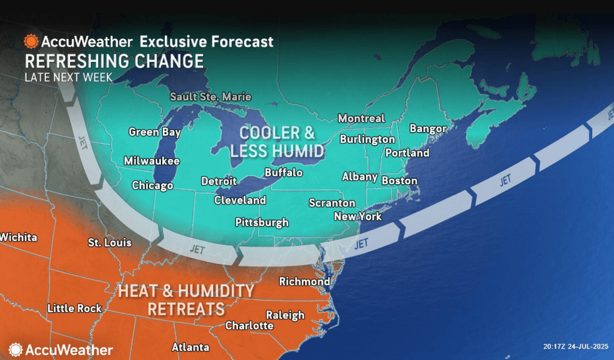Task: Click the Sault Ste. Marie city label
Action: pyautogui.click(x=211, y=97)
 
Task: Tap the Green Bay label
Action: pyautogui.click(x=155, y=132)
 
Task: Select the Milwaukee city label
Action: pyautogui.click(x=152, y=161)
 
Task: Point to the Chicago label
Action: pyautogui.click(x=152, y=185)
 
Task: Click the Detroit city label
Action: pyautogui.click(x=219, y=181)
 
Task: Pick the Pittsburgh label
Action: pyautogui.click(x=262, y=222)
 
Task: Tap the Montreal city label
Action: pyautogui.click(x=361, y=118)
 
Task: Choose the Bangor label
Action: pyautogui.click(x=428, y=128)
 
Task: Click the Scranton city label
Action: pyautogui.click(x=332, y=203)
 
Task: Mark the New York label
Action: pyautogui.click(x=358, y=217)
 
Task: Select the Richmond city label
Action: pyautogui.click(x=304, y=282)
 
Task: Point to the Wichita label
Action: pyautogui.click(x=19, y=237)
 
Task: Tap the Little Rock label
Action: pyautogui.click(x=74, y=308)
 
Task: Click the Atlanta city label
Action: pyautogui.click(x=190, y=347)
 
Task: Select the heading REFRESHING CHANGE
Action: pyautogui.click(x=114, y=61)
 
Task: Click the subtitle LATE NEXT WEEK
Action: pyautogui.click(x=68, y=78)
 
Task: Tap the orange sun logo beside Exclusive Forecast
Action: pyautogui.click(x=31, y=42)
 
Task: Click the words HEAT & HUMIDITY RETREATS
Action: pyautogui.click(x=186, y=300)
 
